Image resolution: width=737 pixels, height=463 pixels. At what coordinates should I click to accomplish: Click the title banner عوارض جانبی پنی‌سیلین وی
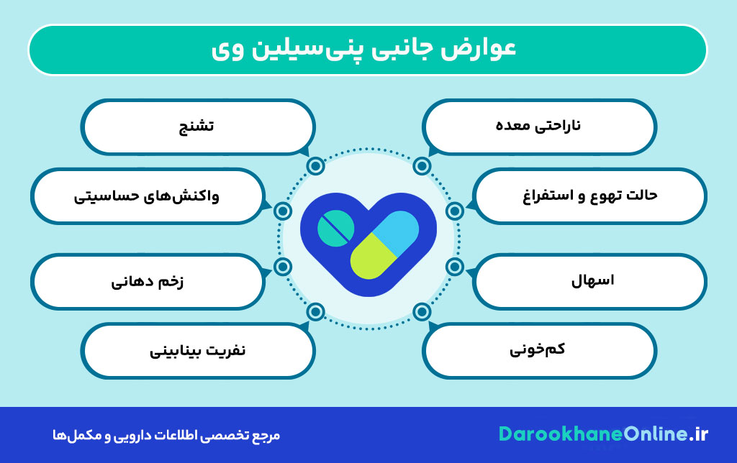point(367,50)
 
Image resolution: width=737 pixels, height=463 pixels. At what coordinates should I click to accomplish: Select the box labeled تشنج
point(197,127)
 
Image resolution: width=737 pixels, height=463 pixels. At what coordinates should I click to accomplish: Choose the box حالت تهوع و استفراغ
point(590,196)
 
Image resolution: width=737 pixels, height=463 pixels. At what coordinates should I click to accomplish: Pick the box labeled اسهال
point(590,280)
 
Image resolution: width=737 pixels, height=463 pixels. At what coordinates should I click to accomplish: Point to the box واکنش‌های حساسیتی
point(147,196)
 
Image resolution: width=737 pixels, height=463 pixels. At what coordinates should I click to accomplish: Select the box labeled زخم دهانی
point(147,280)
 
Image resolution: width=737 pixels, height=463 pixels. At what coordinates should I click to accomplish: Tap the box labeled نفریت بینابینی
point(197,350)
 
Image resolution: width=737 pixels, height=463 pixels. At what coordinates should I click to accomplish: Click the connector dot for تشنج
point(315,166)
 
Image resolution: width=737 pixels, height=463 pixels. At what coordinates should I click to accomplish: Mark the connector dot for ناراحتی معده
point(422,166)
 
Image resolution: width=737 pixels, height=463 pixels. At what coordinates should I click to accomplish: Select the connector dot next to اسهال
point(454,267)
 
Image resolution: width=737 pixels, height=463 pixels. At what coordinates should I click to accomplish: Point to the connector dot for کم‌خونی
point(422,311)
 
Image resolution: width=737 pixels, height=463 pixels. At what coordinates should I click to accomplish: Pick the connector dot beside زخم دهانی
point(283,267)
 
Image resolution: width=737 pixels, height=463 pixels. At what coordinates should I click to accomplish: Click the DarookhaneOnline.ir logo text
point(603,434)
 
